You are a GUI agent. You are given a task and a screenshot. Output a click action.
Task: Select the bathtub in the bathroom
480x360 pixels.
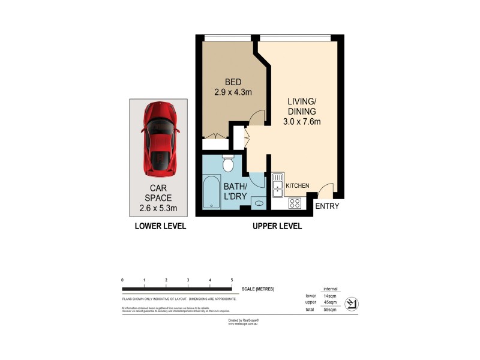(212, 192)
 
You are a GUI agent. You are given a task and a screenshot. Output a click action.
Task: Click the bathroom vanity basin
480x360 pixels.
(259, 203)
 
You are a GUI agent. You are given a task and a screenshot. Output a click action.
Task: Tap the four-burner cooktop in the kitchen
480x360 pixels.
(295, 203)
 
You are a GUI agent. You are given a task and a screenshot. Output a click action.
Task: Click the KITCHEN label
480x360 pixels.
(298, 186)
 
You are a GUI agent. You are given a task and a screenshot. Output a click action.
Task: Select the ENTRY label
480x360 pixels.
(327, 206)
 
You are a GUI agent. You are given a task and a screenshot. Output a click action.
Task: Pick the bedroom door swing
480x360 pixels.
(256, 118)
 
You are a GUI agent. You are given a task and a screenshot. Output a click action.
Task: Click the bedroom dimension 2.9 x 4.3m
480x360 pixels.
(233, 92)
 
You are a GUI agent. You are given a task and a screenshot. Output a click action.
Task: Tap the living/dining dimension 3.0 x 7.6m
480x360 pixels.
(302, 122)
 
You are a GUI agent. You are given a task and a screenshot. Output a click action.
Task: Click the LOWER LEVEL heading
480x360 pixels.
(160, 226)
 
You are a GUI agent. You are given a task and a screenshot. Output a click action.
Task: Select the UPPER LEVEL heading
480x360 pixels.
(277, 226)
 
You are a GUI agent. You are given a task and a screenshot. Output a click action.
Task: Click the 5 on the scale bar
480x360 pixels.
(232, 280)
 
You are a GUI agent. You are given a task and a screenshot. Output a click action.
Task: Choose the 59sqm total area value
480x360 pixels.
(329, 309)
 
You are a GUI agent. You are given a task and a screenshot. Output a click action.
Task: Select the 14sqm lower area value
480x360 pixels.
(329, 296)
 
